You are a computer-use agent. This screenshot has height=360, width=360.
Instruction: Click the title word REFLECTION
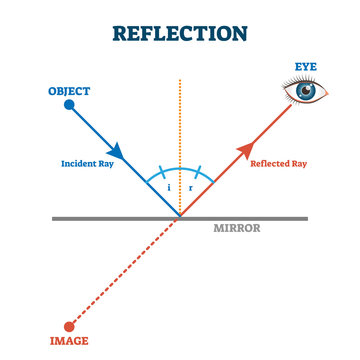pyautogui.click(x=180, y=33)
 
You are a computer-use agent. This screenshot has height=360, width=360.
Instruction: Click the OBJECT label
pyautogui.click(x=69, y=91)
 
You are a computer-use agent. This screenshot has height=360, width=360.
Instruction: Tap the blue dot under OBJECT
pyautogui.click(x=69, y=104)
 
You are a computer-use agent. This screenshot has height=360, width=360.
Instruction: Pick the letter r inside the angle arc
pyautogui.click(x=191, y=187)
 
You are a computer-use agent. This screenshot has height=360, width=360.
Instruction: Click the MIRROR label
pyautogui.click(x=237, y=228)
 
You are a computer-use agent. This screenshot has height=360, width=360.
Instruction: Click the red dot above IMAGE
pyautogui.click(x=69, y=326)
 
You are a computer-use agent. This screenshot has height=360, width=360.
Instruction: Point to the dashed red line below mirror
pyautogui.click(x=125, y=271)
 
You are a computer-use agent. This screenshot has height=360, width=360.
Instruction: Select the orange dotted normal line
pyautogui.click(x=179, y=120)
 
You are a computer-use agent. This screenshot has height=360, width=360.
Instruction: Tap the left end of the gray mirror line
pyautogui.click(x=55, y=218)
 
